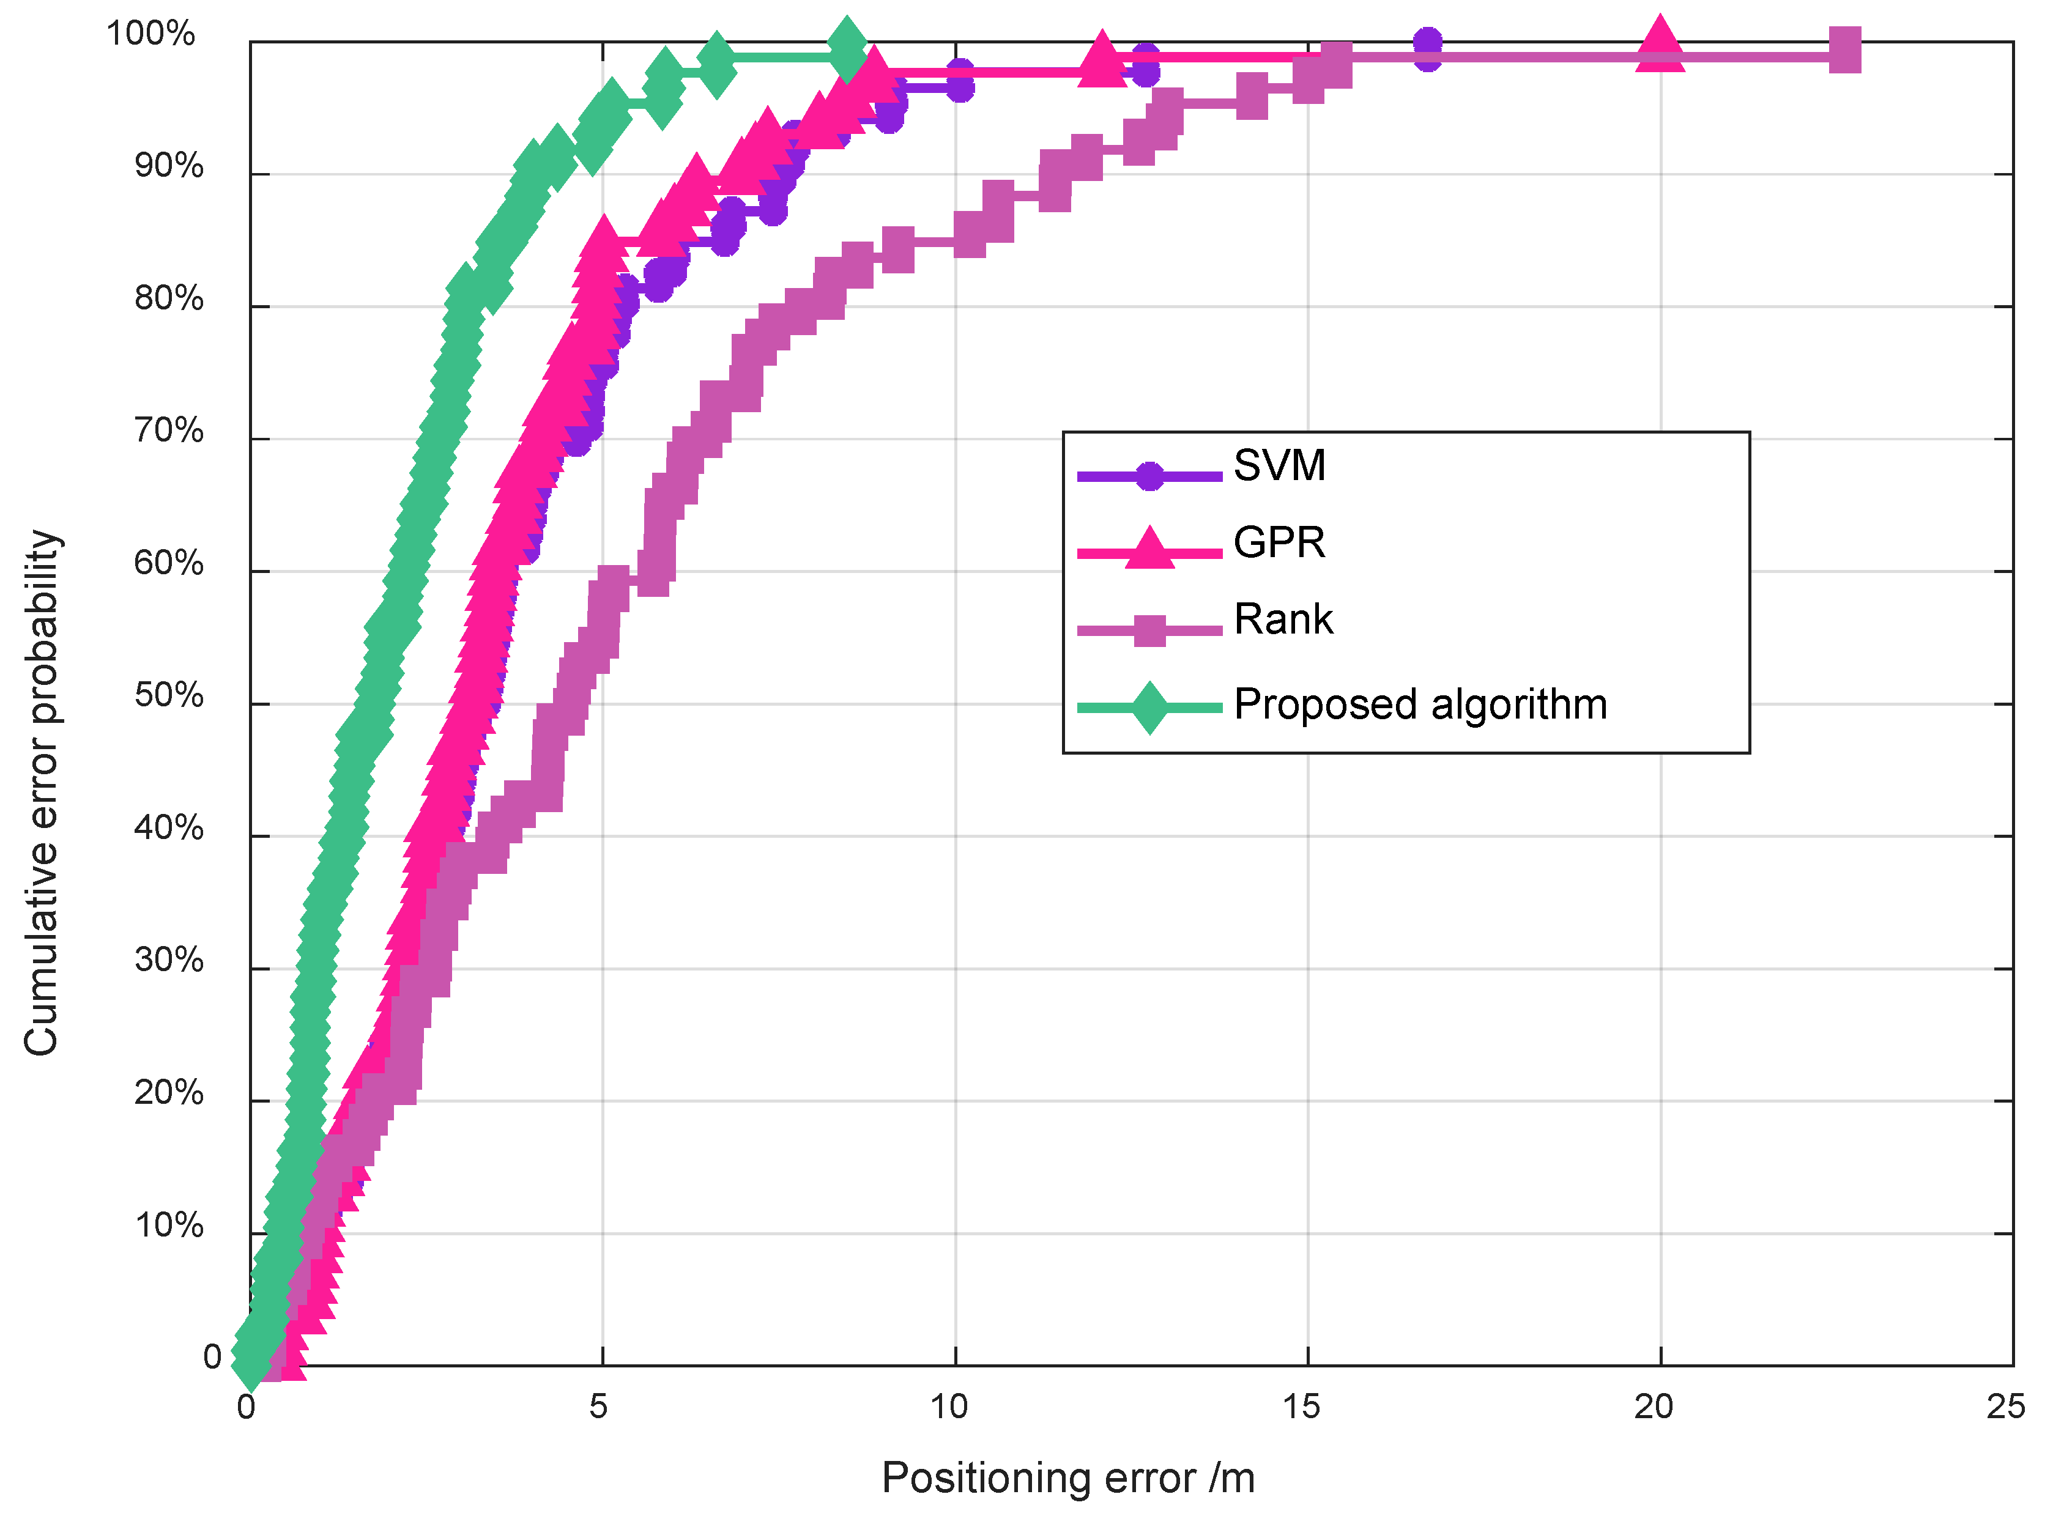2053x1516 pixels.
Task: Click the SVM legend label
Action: [x=1279, y=466]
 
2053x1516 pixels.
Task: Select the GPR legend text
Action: [x=1279, y=543]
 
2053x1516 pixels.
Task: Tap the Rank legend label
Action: [x=1283, y=619]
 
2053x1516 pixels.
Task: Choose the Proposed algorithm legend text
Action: [x=1420, y=704]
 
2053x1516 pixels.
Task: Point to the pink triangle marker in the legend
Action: [x=1149, y=549]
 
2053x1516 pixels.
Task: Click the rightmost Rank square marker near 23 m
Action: [x=1844, y=51]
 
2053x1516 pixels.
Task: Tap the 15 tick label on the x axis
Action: [x=1301, y=1407]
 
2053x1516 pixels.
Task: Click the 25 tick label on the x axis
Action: [x=2005, y=1407]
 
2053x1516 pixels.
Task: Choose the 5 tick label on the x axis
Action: [x=598, y=1407]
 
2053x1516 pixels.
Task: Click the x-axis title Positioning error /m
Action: [x=1067, y=1478]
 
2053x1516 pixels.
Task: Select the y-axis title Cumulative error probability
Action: [x=42, y=793]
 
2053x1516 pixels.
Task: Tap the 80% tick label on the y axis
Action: [x=169, y=298]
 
